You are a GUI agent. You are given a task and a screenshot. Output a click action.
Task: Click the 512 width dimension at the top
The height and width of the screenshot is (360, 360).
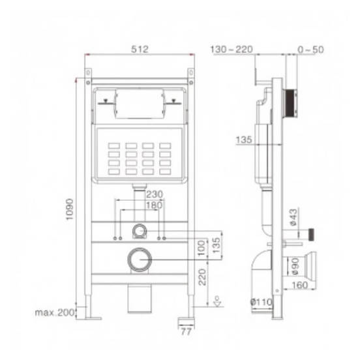point(140,49)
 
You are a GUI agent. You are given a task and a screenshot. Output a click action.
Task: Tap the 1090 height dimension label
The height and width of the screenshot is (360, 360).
point(69,209)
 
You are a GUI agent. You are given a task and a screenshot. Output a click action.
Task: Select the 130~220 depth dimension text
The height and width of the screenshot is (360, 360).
point(232,50)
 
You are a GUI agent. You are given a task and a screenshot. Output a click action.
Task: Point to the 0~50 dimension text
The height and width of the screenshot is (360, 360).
point(310,50)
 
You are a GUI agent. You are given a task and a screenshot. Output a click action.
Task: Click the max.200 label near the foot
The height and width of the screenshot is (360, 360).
point(54,312)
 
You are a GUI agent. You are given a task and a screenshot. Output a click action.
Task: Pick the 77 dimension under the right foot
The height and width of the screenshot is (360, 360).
point(186,331)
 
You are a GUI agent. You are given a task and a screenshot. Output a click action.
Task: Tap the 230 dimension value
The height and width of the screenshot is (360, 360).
point(155,194)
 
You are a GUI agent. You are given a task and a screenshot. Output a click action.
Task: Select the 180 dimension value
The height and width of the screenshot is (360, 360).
point(155,205)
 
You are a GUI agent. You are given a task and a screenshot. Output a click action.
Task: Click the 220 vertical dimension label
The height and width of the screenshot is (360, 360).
point(202,277)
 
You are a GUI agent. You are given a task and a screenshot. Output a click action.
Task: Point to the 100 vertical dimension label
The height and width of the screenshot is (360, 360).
point(202,248)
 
